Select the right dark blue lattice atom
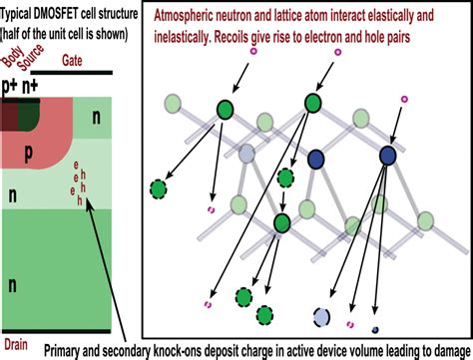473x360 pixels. [x=386, y=155]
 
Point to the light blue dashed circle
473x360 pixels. [x=322, y=316]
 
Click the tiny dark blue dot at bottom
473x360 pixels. [x=375, y=330]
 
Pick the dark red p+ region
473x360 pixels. [x=9, y=112]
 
